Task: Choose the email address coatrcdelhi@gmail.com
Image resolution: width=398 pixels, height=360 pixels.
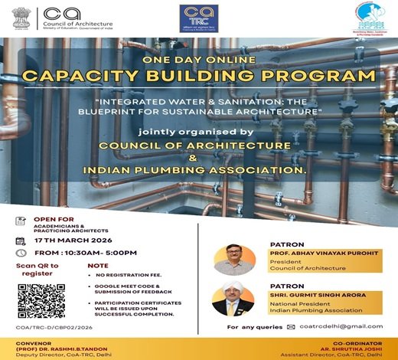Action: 341,326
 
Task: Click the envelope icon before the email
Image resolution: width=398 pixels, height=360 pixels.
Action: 291,326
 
